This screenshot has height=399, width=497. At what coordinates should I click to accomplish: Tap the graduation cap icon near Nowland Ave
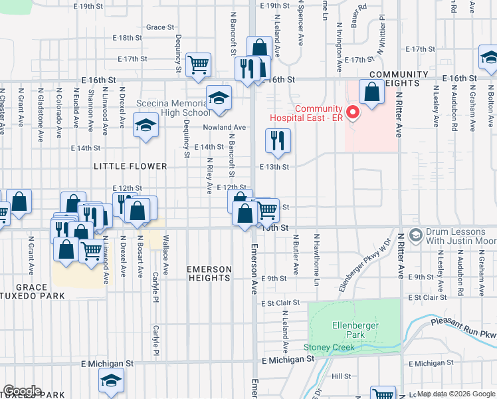pyautogui.click(x=145, y=124)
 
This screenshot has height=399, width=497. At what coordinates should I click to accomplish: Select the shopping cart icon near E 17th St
pyautogui.click(x=198, y=65)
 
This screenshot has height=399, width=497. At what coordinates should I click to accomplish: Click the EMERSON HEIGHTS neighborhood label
pyautogui.click(x=209, y=274)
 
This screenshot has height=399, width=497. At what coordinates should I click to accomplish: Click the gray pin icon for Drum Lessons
pyautogui.click(x=416, y=235)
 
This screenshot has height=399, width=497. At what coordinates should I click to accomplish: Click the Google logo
pyautogui.click(x=22, y=390)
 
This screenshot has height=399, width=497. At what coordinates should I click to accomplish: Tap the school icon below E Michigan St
pyautogui.click(x=111, y=380)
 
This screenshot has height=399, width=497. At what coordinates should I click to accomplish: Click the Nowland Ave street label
pyautogui.click(x=225, y=127)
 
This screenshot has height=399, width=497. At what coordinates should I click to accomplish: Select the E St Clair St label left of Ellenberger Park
pyautogui.click(x=280, y=303)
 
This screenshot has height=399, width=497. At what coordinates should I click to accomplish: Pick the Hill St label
pyautogui.click(x=341, y=376)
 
